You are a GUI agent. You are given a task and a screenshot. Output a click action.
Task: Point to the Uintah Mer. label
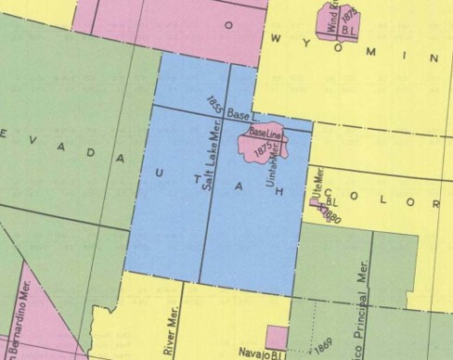pyautogui.click(x=274, y=168)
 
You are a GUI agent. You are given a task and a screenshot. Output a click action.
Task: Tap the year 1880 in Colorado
pyautogui.click(x=330, y=215)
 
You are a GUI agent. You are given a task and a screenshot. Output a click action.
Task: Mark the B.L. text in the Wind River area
pyautogui.click(x=349, y=29)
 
